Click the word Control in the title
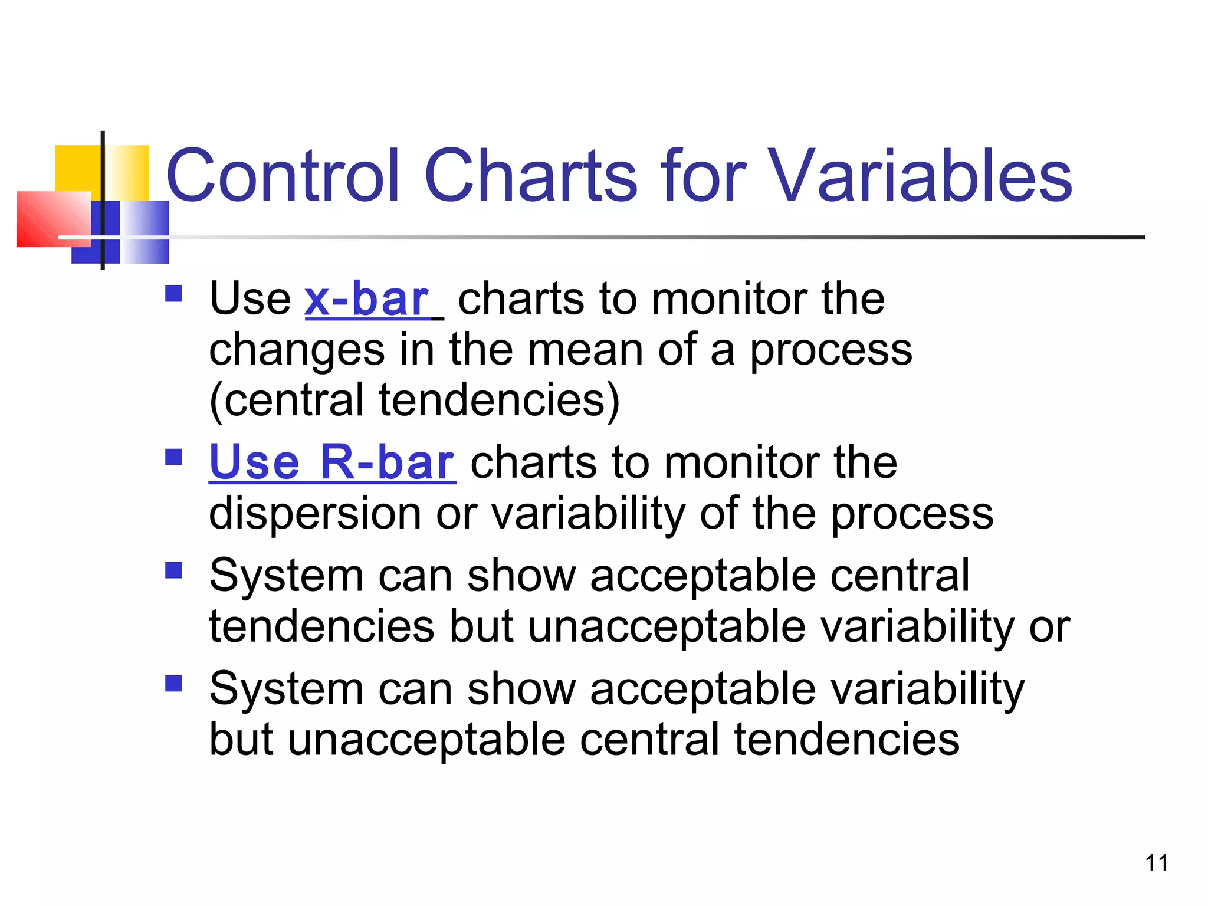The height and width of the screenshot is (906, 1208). [x=283, y=175]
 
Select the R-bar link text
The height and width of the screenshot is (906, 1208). [x=387, y=462]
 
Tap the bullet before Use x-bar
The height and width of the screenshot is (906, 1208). [x=173, y=294]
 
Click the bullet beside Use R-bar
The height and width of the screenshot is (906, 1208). [x=173, y=457]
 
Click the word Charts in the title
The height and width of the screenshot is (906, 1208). [x=531, y=175]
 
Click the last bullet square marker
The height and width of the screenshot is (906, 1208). [x=173, y=683]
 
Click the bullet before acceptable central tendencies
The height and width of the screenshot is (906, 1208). [x=173, y=570]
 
